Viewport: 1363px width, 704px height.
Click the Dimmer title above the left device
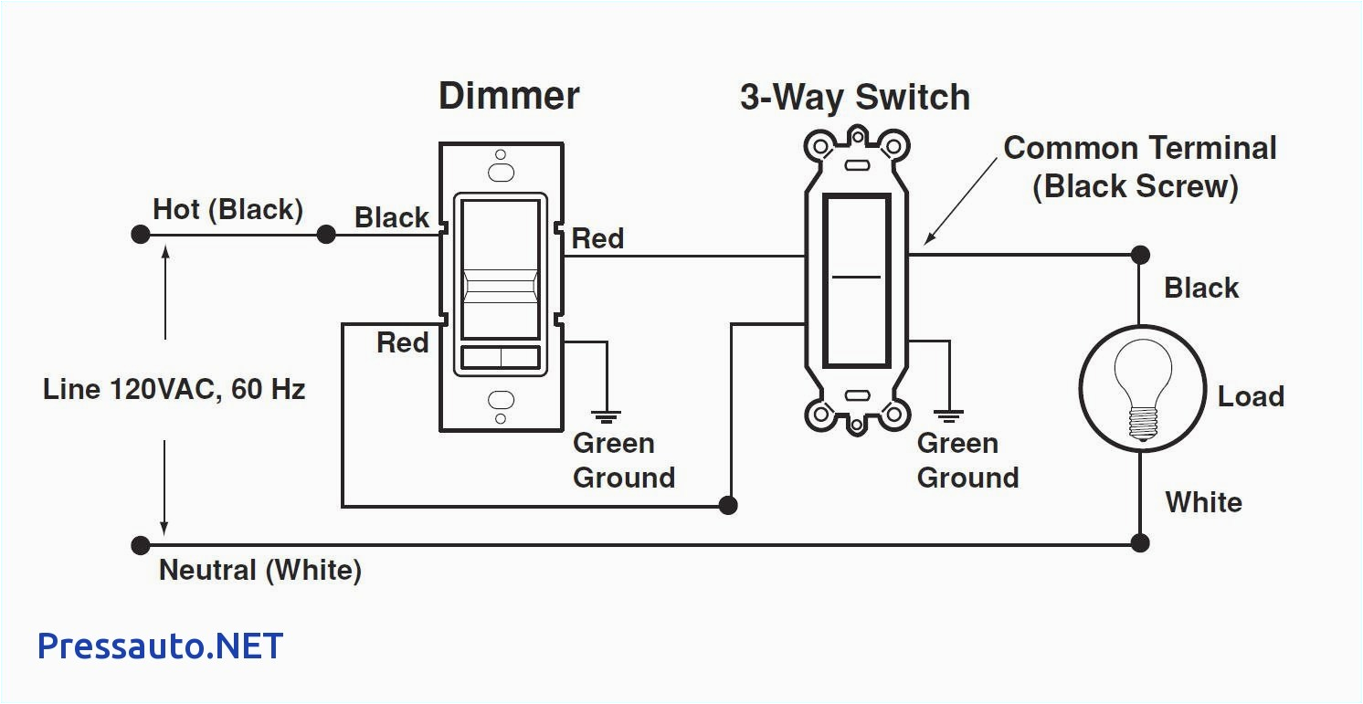pyautogui.click(x=509, y=96)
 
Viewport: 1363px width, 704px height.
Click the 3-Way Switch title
pyautogui.click(x=854, y=98)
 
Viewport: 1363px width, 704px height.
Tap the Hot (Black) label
pyautogui.click(x=227, y=209)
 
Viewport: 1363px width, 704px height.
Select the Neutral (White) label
pyautogui.click(x=260, y=571)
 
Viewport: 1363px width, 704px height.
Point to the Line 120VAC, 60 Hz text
pyautogui.click(x=174, y=390)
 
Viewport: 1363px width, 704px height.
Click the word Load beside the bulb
pyautogui.click(x=1251, y=396)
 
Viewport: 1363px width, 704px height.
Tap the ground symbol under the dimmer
pyautogui.click(x=606, y=415)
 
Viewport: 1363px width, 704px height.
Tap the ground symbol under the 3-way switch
pyautogui.click(x=950, y=415)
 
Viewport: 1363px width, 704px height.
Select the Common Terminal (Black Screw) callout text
pyautogui.click(x=1139, y=167)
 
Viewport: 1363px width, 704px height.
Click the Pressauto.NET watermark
pyautogui.click(x=161, y=646)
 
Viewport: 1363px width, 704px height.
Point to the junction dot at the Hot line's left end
pyautogui.click(x=140, y=235)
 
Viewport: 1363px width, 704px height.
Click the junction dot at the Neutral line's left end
pyautogui.click(x=140, y=546)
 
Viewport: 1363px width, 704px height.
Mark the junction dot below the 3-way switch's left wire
pyautogui.click(x=728, y=505)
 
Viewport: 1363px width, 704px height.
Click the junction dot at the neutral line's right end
pyautogui.click(x=1139, y=543)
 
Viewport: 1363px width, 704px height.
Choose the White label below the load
pyautogui.click(x=1203, y=502)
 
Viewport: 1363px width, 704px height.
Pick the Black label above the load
pyautogui.click(x=1200, y=288)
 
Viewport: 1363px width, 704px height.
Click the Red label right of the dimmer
pyautogui.click(x=597, y=239)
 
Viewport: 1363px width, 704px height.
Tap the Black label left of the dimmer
pyautogui.click(x=391, y=218)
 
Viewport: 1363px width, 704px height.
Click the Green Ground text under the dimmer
pyautogui.click(x=623, y=460)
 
